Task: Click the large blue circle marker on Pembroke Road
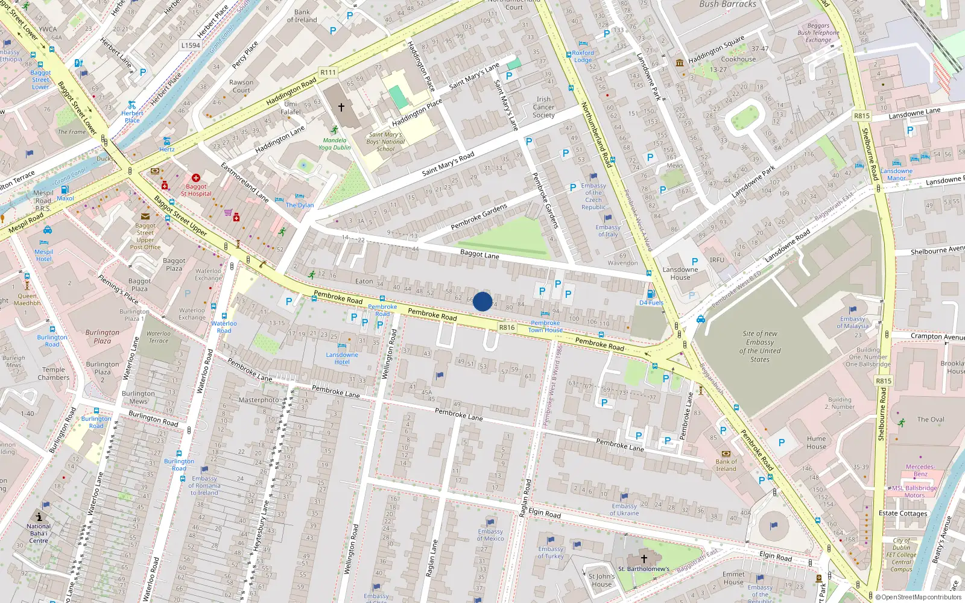point(482,301)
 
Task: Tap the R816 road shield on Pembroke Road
point(507,327)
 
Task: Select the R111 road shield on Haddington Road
point(328,72)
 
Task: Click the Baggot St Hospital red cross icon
point(196,178)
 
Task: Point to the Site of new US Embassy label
point(760,346)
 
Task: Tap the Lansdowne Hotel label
point(342,358)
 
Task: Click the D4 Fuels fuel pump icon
point(651,294)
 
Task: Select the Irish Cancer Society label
point(543,107)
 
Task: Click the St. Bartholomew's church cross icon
point(644,559)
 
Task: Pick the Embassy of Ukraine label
point(624,510)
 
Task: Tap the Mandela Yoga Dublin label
point(334,144)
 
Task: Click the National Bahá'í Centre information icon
point(39,517)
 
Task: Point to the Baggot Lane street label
point(479,254)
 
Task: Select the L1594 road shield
point(191,45)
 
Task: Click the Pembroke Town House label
point(545,326)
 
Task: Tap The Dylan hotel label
point(300,205)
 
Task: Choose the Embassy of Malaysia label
point(853,322)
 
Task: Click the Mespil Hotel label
point(43,255)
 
